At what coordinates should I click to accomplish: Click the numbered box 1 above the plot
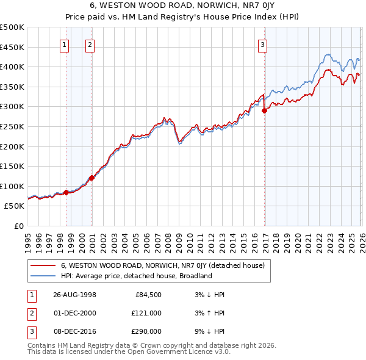[x=65, y=44]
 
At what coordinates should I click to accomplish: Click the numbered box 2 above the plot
[x=90, y=44]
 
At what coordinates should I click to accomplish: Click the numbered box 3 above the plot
[x=262, y=44]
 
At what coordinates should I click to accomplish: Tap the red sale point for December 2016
[x=265, y=111]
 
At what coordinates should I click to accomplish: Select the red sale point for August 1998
[x=66, y=192]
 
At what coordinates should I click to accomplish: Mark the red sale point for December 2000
[x=91, y=178]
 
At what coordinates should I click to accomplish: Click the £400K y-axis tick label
[x=12, y=67]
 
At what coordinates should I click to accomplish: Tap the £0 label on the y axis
[x=18, y=226]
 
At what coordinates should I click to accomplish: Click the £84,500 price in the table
[x=148, y=295]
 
